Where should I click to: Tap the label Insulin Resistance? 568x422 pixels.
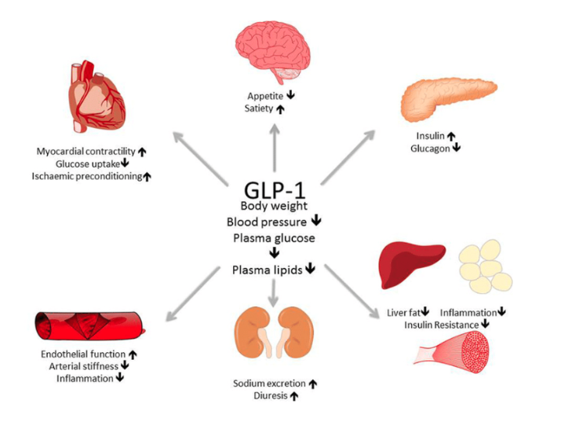pos(442,324)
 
